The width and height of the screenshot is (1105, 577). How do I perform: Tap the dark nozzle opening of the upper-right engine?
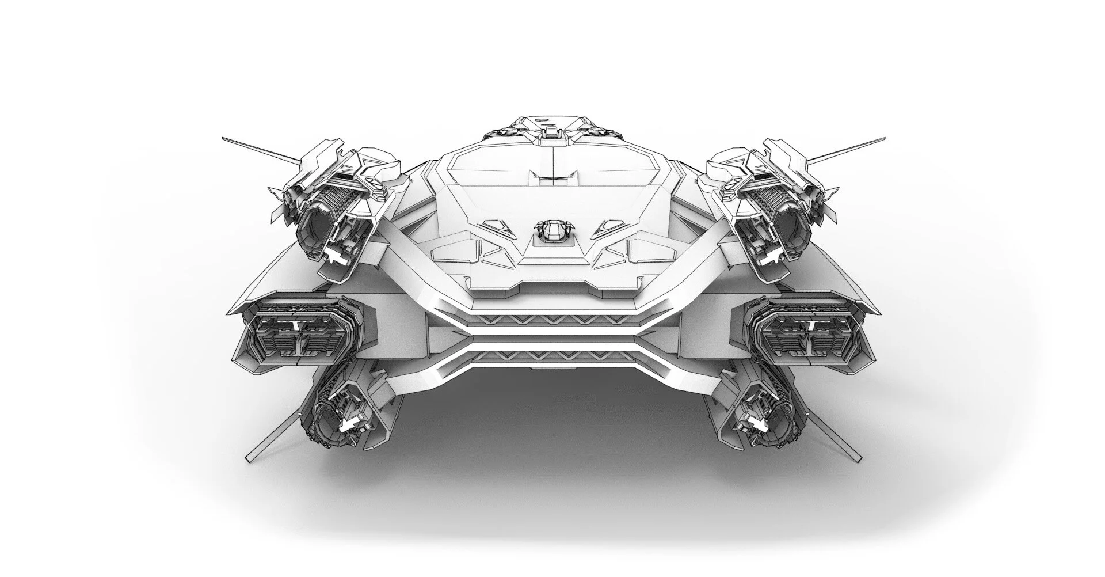792,230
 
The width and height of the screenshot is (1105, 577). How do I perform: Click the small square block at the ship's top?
551,132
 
